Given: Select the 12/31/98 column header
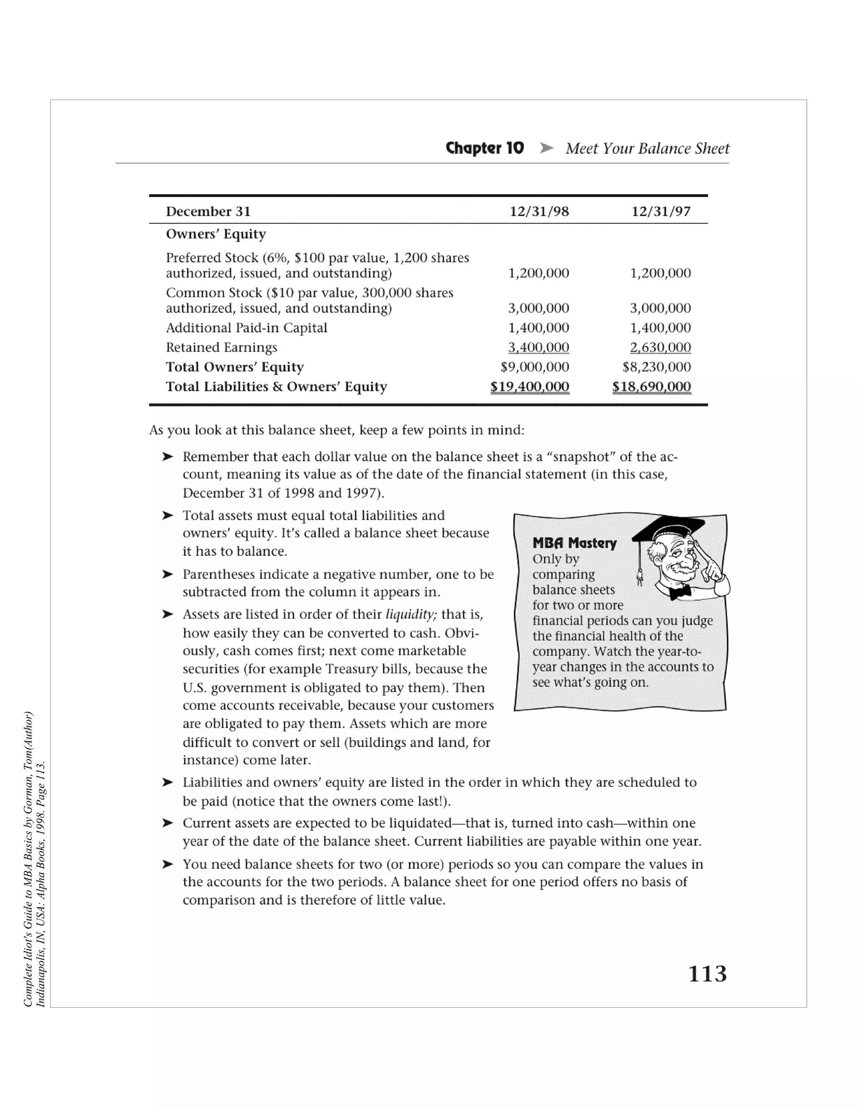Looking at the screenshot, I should pos(539,212).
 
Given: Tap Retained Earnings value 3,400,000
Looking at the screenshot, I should pos(538,347).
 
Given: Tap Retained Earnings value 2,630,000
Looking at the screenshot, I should pos(660,347).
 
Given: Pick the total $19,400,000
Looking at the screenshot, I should pos(529,387).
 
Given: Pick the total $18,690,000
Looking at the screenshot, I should pos(652,387).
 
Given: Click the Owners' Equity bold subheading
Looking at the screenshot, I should pos(216,234).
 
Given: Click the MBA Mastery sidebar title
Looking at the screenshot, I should pos(574,543).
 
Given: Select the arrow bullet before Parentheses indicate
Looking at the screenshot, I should pos(167,574).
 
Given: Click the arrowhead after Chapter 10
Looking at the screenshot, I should pos(546,148).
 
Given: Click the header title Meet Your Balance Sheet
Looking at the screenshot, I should pos(647,148).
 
